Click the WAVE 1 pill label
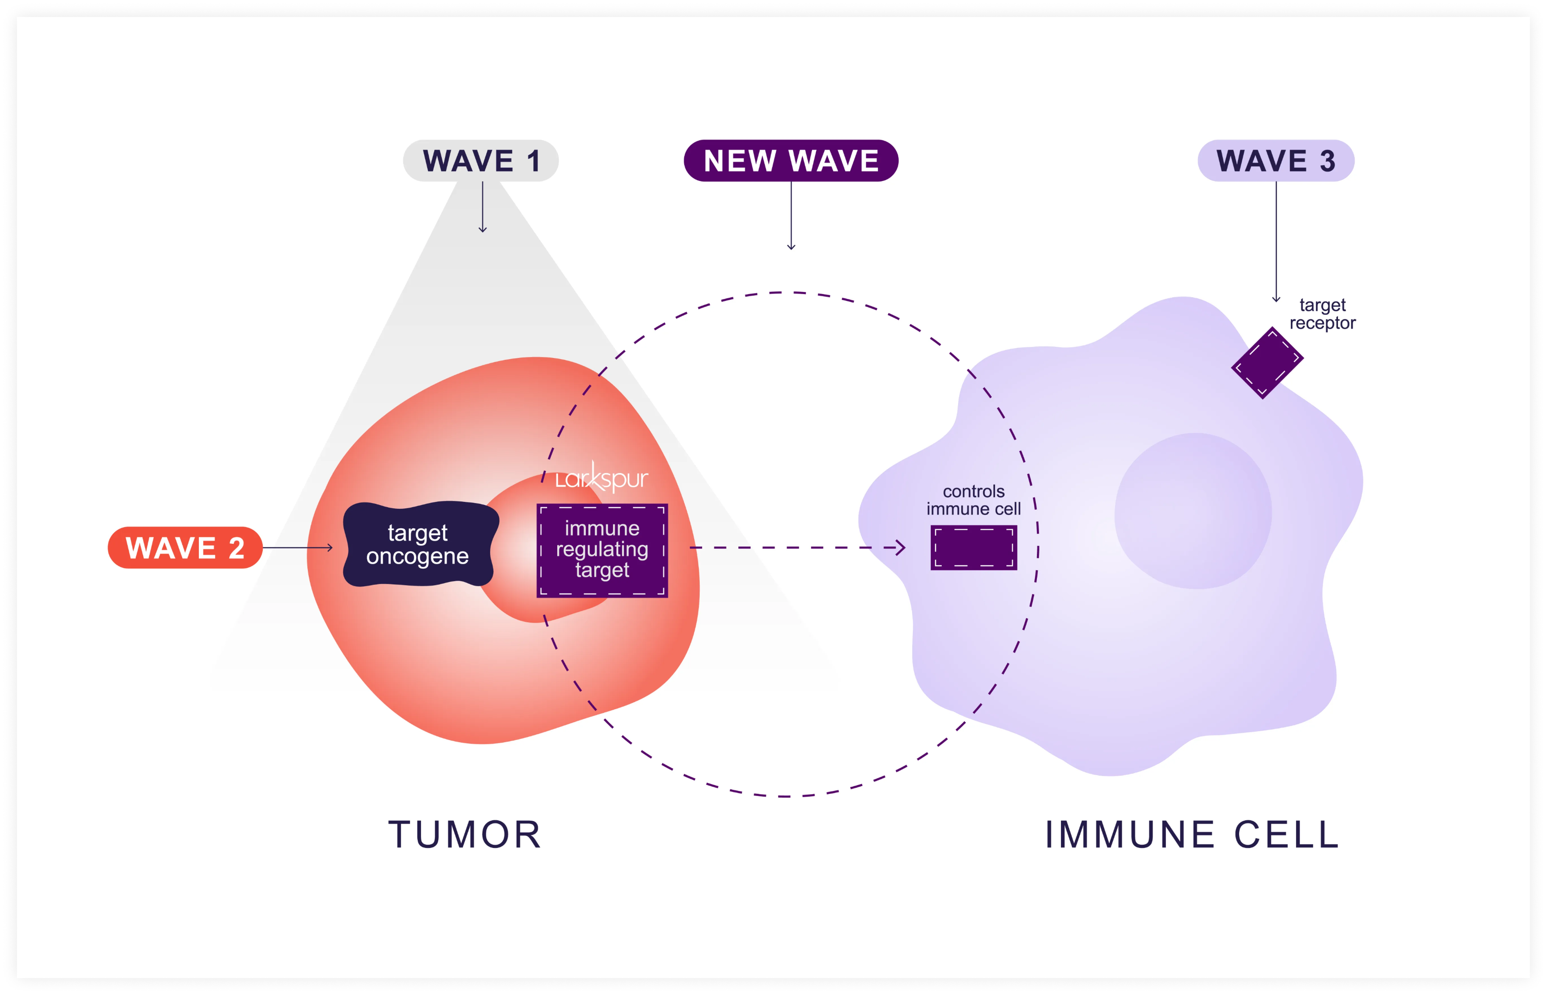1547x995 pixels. point(481,161)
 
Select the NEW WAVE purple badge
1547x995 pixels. point(791,161)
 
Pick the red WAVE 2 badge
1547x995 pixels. point(185,548)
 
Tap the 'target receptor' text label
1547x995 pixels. point(1322,314)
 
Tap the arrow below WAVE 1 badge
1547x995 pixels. point(483,207)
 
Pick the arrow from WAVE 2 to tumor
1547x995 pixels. point(297,548)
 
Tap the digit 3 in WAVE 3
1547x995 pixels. point(1327,161)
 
